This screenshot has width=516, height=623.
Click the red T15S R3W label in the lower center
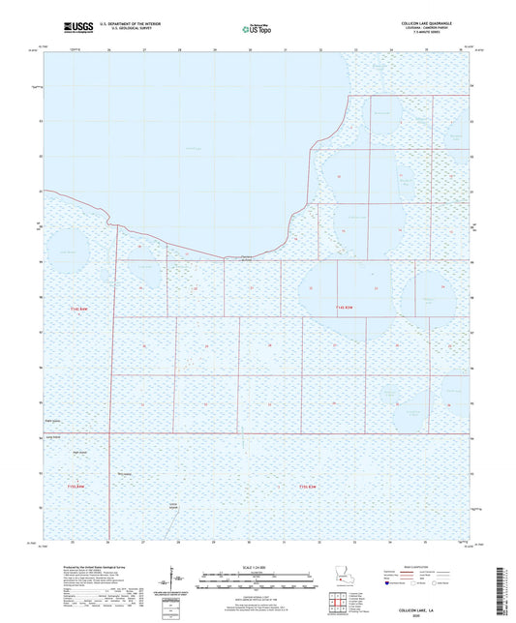pyautogui.click(x=308, y=485)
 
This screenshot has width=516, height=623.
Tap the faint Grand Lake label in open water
pyautogui.click(x=192, y=148)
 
